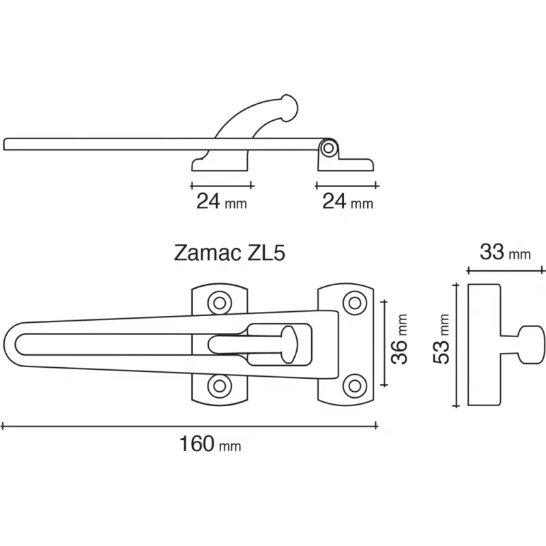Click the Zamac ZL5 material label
point(229,253)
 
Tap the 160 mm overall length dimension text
point(210,444)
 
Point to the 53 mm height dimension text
point(441,339)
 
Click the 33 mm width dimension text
point(505,252)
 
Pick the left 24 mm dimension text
point(222,201)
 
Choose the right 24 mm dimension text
point(347,201)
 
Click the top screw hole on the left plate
point(219,303)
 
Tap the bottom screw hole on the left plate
point(219,386)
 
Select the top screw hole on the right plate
point(354,303)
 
